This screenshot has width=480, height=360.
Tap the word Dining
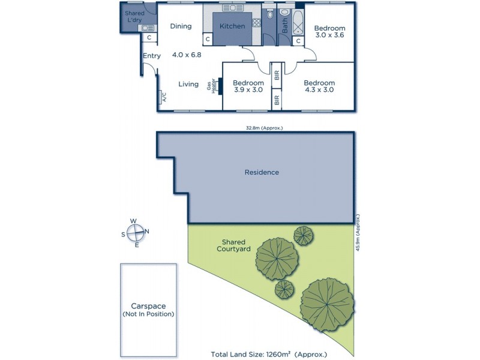pyautogui.click(x=181, y=26)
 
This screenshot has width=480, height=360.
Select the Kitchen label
pyautogui.click(x=232, y=26)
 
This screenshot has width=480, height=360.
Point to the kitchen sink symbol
pyautogui.click(x=230, y=8)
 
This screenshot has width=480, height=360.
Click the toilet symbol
pyautogui.click(x=269, y=14)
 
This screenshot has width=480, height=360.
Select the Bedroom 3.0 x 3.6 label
pyautogui.click(x=330, y=32)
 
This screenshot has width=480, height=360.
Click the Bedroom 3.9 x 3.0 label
pyautogui.click(x=248, y=86)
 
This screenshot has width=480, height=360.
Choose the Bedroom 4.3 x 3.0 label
pyautogui.click(x=319, y=86)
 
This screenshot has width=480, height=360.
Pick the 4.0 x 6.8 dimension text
pyautogui.click(x=187, y=54)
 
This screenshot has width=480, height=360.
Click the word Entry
pyautogui.click(x=152, y=56)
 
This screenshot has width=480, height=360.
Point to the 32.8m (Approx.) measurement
pyautogui.click(x=264, y=128)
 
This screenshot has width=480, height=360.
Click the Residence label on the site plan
pyautogui.click(x=262, y=172)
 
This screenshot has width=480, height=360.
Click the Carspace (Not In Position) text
pyautogui.click(x=149, y=309)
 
